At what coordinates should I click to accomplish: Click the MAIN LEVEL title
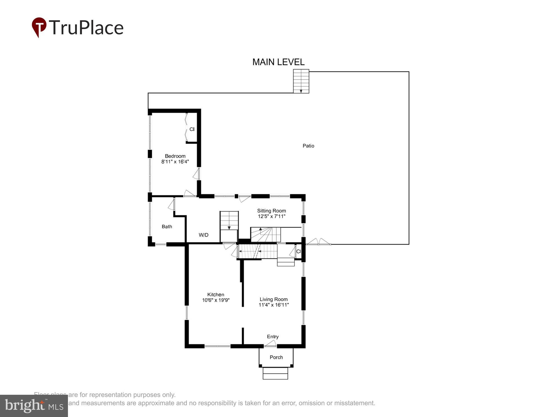coord(278,62)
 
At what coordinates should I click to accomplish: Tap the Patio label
coord(308,146)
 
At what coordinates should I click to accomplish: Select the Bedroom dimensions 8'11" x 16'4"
coord(175,162)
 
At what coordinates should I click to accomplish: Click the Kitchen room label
coord(216,294)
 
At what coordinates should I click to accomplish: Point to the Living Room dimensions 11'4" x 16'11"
coord(273,305)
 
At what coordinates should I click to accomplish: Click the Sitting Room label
coord(271,211)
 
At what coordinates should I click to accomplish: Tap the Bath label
coord(167,227)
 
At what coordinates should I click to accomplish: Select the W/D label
coord(203,235)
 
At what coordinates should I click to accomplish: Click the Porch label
coord(276,357)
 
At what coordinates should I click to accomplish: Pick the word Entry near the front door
coord(273,337)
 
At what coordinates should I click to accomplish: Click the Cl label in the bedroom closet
coord(192,129)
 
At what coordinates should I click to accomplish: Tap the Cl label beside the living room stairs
coord(299,252)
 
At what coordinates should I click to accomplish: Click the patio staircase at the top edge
coord(301,81)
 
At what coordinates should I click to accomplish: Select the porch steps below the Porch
coord(275,373)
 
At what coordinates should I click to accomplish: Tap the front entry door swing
coord(270,344)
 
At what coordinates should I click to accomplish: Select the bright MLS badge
coord(34,406)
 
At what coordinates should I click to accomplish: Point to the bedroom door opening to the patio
coord(197,174)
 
